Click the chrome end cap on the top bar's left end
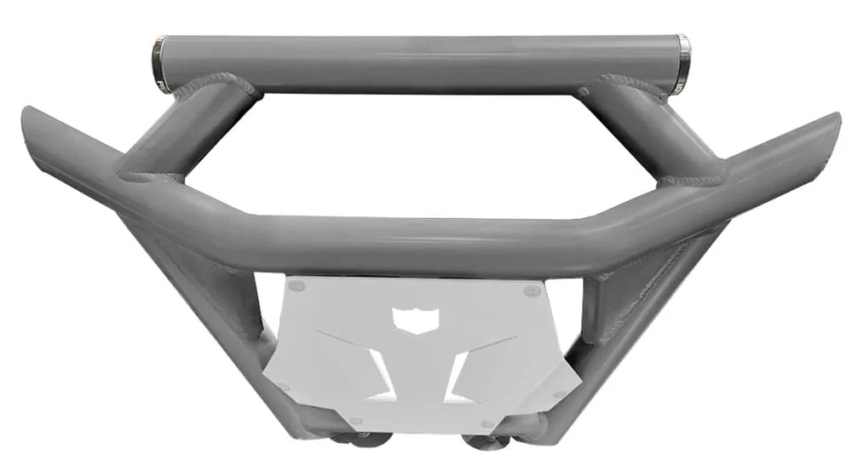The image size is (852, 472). point(158,63)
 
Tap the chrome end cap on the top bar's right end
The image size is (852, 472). point(682,64)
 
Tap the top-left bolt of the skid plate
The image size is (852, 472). point(295,287)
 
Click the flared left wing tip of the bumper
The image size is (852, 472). point(38,136)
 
